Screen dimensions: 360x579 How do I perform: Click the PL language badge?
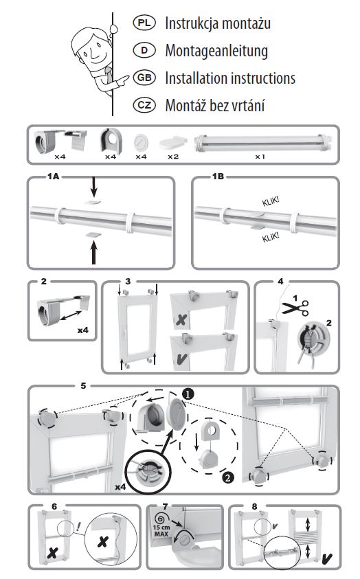coord(144,23)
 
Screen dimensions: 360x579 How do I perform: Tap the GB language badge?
coord(144,78)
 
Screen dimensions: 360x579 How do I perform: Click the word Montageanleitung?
coord(216,51)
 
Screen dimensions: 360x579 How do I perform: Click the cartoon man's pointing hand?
coord(121,80)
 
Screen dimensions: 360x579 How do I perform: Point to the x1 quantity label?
coord(260,157)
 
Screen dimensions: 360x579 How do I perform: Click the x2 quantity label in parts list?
coord(173,157)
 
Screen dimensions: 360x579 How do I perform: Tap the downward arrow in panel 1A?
coord(94,187)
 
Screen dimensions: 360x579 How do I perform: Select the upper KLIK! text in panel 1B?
coord(271,202)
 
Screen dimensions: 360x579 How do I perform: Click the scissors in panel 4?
coord(295,308)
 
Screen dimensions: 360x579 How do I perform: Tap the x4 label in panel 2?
coord(83,330)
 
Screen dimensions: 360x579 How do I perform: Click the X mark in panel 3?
coord(181,320)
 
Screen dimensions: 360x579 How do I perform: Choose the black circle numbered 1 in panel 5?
coord(188,394)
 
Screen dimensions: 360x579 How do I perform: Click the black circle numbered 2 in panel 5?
coord(228,478)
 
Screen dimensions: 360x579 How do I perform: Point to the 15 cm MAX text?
coord(161,531)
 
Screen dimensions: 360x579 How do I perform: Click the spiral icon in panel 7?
coord(159,518)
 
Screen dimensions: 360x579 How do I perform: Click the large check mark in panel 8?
coord(327,558)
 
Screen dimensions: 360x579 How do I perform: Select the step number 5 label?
coord(83,385)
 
